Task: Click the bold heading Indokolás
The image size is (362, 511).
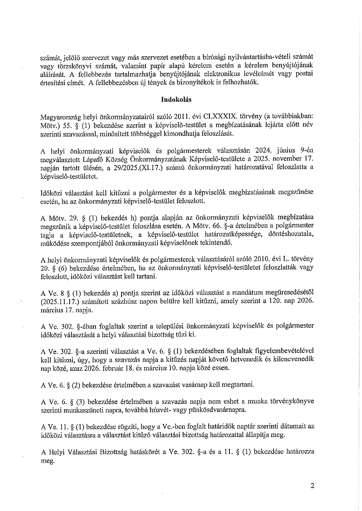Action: pos(176,99)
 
